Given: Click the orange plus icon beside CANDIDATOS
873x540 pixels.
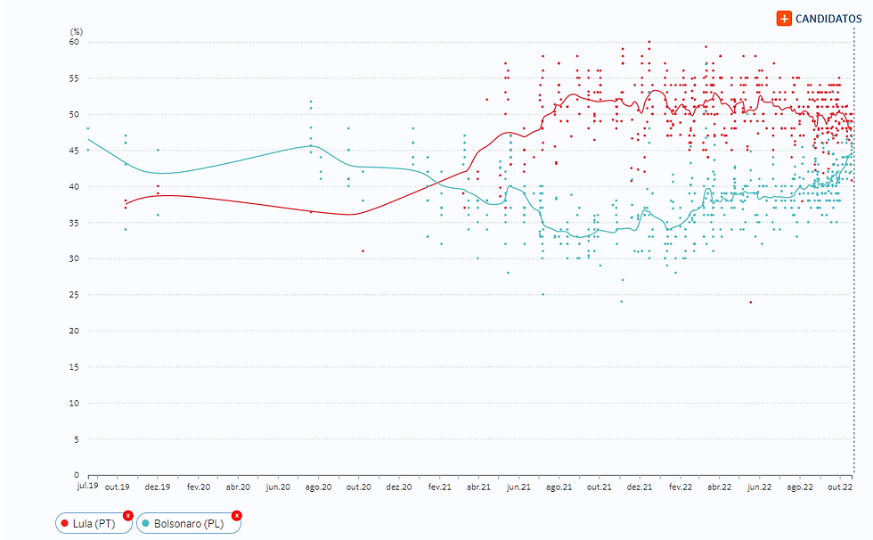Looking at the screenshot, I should [x=784, y=18].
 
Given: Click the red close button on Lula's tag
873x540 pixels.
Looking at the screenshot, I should [x=128, y=515].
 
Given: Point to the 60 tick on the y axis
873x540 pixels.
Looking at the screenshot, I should [x=75, y=42].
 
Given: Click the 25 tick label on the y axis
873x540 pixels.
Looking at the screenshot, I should [x=75, y=295].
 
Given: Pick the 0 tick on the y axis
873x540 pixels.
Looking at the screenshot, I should [x=78, y=475].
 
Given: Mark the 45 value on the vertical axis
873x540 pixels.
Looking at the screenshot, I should [x=75, y=151].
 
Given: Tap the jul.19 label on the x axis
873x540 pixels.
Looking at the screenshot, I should [x=87, y=487].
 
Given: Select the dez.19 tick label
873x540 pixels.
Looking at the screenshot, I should [x=158, y=487].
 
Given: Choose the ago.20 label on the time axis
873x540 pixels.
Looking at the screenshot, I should [x=319, y=487].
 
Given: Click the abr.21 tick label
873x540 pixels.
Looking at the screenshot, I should [x=479, y=487].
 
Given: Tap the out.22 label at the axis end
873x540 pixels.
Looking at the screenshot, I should [x=841, y=487].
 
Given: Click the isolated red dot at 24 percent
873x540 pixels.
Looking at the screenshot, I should [x=751, y=302].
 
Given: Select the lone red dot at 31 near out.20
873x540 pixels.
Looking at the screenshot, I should [x=363, y=251].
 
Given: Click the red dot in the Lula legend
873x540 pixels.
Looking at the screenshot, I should [x=65, y=523].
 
